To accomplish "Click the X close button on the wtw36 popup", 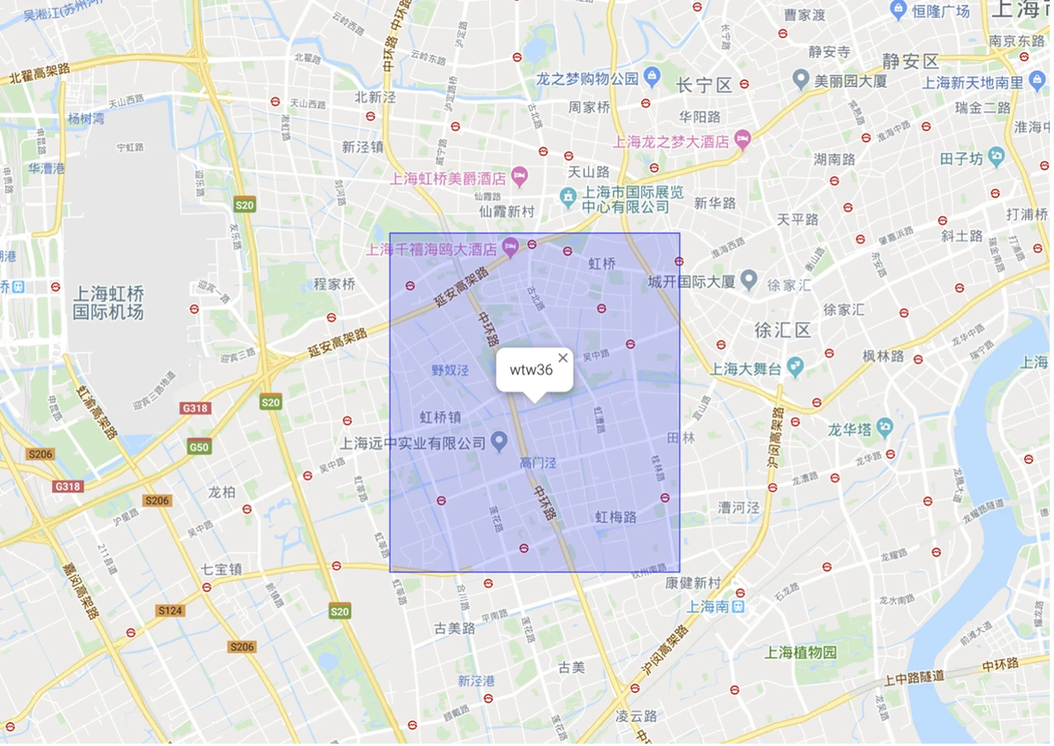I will [x=563, y=358].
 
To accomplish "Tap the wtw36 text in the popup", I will [x=531, y=370].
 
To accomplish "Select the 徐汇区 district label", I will [x=783, y=330].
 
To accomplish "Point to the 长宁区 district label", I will [x=704, y=85].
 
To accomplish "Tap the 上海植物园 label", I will [x=800, y=652].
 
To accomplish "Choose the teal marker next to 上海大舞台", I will [x=796, y=365].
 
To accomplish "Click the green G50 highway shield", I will [x=199, y=447].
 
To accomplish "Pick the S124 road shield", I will [x=170, y=611].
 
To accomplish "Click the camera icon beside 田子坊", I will [x=997, y=158].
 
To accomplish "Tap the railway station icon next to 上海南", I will [x=738, y=607].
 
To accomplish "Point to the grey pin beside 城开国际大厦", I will [x=749, y=281].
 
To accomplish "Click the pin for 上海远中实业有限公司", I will [x=499, y=440].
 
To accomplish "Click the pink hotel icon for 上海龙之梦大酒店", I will [x=742, y=140].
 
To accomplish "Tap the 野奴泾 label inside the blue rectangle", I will [x=448, y=371].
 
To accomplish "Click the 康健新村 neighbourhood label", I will [x=693, y=583].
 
